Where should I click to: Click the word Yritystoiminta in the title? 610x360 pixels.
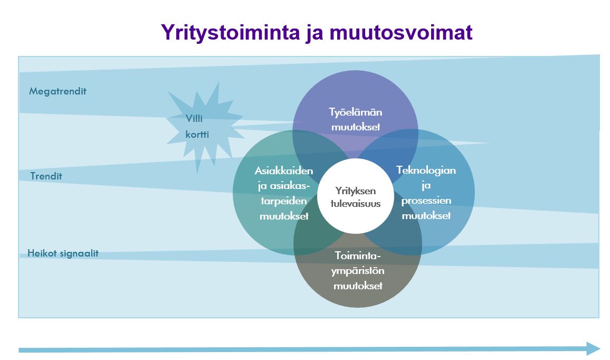(230, 32)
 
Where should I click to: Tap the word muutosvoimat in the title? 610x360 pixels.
(401, 32)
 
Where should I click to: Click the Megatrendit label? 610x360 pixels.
(58, 91)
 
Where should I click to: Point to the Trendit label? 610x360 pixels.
(46, 176)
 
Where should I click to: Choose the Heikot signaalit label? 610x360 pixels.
(63, 253)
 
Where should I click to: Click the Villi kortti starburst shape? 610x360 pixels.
(204, 127)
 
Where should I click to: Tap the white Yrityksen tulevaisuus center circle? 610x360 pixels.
(356, 196)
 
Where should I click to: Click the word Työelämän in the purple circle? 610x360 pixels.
(356, 112)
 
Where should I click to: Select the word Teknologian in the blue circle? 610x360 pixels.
(426, 170)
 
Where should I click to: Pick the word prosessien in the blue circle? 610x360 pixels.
(426, 201)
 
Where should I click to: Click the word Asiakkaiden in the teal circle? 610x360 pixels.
(283, 170)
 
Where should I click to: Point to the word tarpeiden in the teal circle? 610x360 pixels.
(283, 201)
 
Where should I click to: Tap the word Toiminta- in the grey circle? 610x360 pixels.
(358, 255)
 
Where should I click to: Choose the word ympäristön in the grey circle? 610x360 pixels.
(358, 271)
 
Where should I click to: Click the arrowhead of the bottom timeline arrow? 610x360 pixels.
(593, 348)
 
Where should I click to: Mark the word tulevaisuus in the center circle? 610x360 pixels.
(356, 204)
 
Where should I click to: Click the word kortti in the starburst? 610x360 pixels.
(197, 135)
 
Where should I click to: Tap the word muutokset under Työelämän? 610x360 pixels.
(356, 127)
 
